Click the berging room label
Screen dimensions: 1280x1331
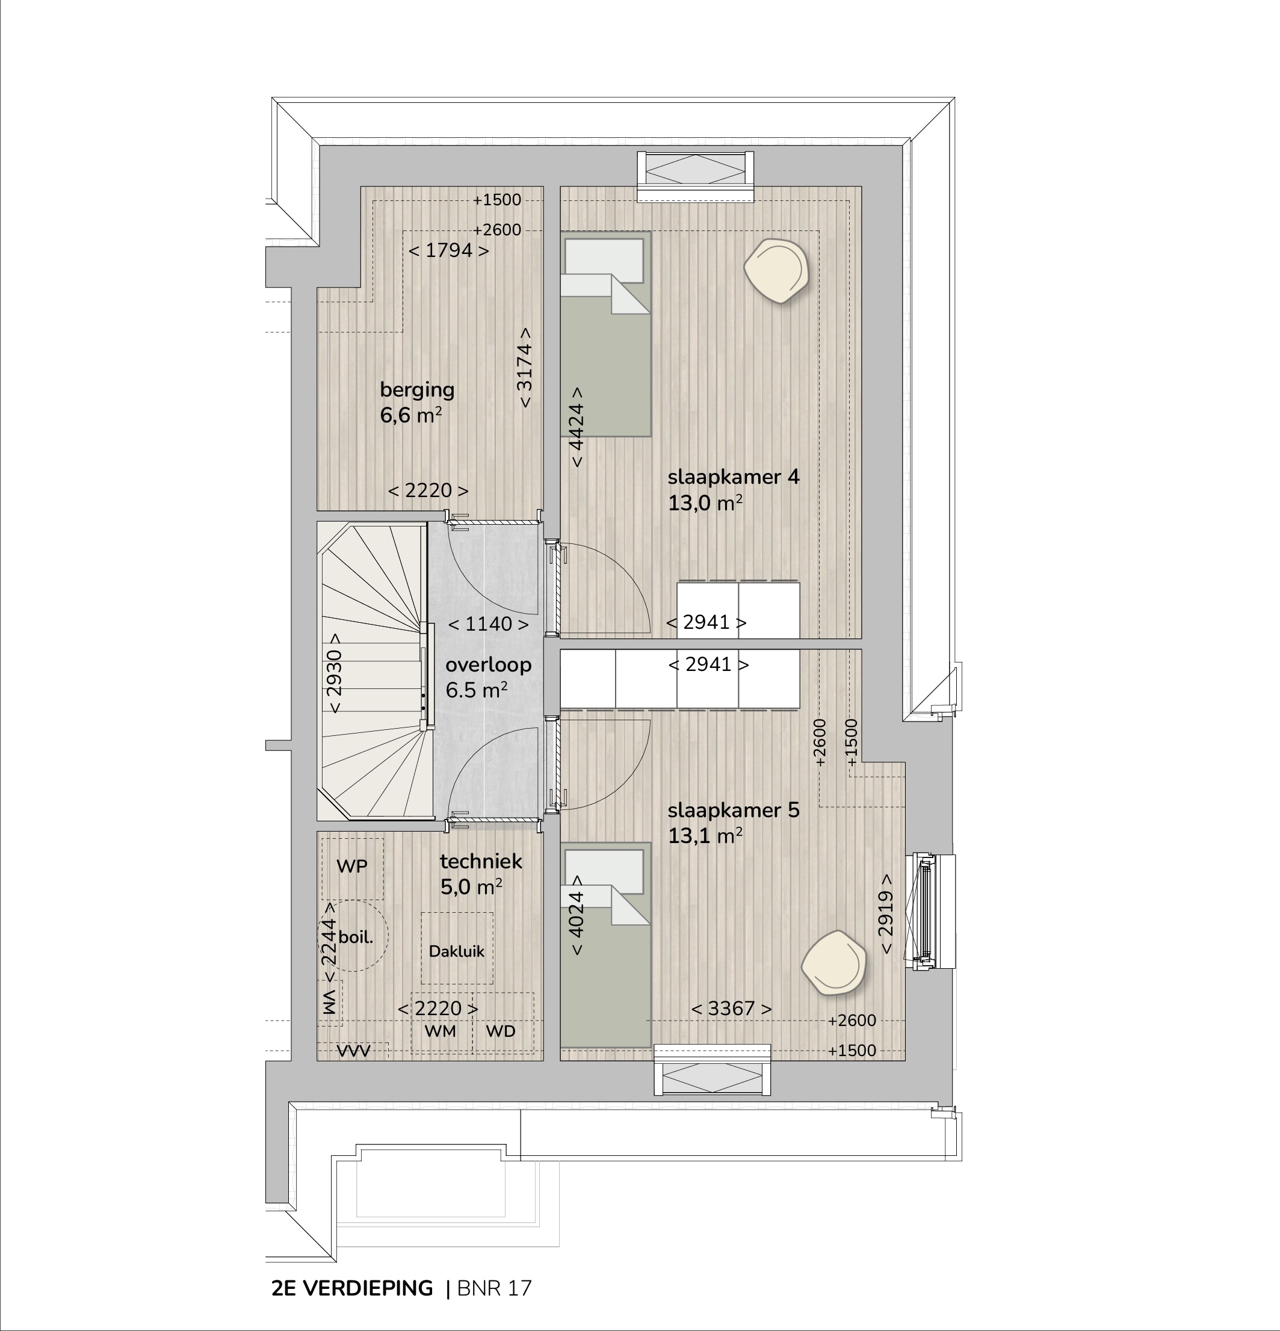(x=417, y=390)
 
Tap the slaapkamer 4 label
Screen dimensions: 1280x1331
(x=734, y=477)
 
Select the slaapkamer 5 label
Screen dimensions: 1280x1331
(x=734, y=810)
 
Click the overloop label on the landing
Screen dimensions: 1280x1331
(x=488, y=665)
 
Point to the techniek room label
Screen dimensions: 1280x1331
(x=481, y=861)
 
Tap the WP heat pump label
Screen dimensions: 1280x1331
(x=352, y=866)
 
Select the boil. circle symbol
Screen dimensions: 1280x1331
(x=355, y=936)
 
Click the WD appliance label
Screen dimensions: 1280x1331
(x=501, y=1031)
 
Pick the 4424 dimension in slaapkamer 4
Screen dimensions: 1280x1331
(x=576, y=427)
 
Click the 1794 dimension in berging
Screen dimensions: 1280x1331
(x=448, y=250)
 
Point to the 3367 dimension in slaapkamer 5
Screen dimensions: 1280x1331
(x=731, y=1008)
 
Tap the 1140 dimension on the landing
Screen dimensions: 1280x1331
(x=488, y=623)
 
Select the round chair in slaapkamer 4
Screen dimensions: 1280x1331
(x=776, y=271)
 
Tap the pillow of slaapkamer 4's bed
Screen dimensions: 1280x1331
(x=604, y=260)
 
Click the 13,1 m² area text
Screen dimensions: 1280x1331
(x=705, y=835)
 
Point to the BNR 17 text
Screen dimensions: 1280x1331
(x=494, y=1288)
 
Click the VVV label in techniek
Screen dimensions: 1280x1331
(x=354, y=1051)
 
